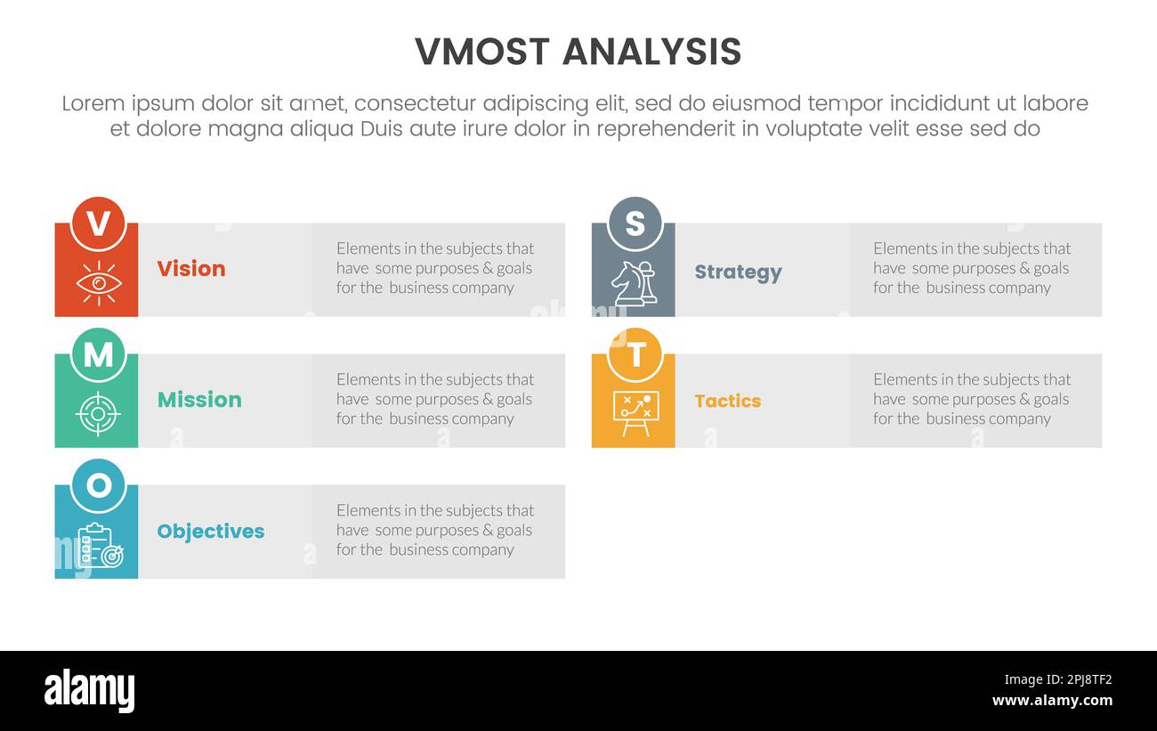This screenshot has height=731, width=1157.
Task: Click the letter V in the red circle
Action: (x=98, y=223)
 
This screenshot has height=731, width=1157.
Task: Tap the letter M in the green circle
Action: (x=98, y=354)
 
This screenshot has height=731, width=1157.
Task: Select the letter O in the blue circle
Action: (x=98, y=485)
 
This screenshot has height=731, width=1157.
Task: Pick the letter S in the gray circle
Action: (x=635, y=223)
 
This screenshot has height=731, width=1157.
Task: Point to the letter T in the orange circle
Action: (x=635, y=354)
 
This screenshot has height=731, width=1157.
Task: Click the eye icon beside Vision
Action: (x=98, y=283)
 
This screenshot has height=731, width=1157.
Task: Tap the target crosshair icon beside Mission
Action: (x=98, y=414)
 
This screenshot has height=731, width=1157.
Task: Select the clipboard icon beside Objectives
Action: (x=99, y=545)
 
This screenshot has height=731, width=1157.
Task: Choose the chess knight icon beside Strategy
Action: (x=634, y=283)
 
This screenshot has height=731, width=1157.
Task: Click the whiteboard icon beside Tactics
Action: (x=634, y=414)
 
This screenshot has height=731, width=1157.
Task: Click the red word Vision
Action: (x=191, y=269)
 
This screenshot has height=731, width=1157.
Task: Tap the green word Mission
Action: (x=199, y=400)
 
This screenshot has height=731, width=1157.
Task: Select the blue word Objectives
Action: (x=211, y=532)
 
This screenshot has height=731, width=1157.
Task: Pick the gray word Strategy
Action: (x=738, y=272)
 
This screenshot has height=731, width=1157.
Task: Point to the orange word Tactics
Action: (x=727, y=402)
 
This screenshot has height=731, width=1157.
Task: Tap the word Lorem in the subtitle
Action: (x=93, y=104)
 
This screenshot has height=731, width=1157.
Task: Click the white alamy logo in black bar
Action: (x=89, y=691)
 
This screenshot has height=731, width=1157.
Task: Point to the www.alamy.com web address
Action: (x=1052, y=701)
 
